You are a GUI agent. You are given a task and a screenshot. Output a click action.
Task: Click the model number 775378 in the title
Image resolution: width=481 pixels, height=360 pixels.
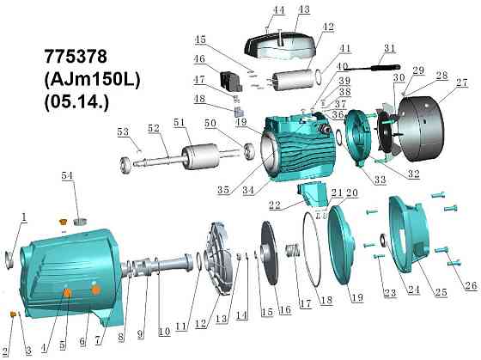pos(76,57)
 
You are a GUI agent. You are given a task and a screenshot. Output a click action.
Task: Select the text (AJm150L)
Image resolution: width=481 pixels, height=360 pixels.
pos(93,79)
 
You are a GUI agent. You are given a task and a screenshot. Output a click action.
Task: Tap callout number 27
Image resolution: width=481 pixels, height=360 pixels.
pos(461,82)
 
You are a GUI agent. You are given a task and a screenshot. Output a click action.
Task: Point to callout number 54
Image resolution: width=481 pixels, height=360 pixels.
pos(67,175)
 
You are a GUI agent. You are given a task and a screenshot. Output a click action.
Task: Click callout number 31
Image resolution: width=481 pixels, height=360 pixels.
pos(390,48)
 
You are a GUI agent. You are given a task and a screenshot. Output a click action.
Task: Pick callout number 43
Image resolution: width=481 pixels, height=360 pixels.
pos(304,9)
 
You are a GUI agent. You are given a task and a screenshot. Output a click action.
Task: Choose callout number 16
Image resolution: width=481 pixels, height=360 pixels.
pos(284,309)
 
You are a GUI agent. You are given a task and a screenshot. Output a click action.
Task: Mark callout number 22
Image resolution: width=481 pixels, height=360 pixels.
pos(275,205)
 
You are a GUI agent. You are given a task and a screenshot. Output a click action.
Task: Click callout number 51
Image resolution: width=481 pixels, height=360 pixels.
pos(180,123)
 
